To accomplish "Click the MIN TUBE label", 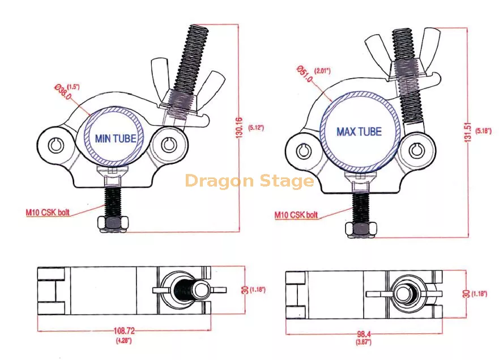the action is coord(116,138).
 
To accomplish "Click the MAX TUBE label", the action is coord(359,132).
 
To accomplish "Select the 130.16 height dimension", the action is coord(240,128).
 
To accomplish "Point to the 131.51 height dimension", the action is coord(467,132).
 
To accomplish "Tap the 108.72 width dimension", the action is coord(124,331).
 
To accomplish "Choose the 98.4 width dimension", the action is coord(364,334).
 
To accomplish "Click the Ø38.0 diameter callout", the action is coord(63,91).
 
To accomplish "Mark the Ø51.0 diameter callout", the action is coord(305,74).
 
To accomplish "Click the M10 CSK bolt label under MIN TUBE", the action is coord(48,212).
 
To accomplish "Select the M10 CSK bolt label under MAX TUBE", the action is coord(296,215).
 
